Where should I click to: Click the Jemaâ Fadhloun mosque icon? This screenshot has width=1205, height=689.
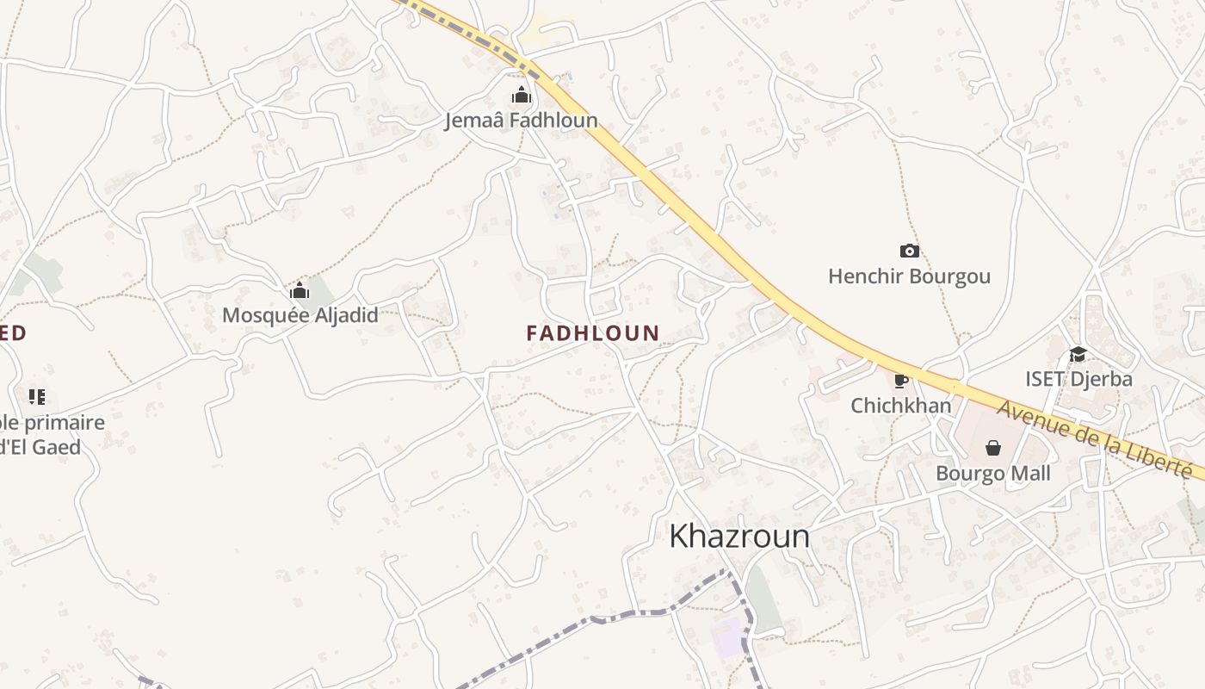click(x=522, y=95)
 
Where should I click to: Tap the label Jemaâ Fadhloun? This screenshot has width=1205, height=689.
click(x=521, y=120)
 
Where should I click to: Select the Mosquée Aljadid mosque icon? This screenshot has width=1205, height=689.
click(x=300, y=290)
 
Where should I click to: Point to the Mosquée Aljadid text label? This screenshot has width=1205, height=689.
click(x=300, y=315)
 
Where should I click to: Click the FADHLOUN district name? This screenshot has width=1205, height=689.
click(x=593, y=332)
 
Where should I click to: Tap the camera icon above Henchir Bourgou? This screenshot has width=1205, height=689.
click(x=909, y=251)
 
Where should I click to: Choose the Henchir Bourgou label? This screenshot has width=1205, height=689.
click(x=909, y=276)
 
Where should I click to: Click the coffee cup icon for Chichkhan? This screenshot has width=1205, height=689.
click(x=900, y=381)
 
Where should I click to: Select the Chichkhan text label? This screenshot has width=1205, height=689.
click(x=901, y=406)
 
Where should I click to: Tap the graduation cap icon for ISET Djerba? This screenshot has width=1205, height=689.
click(x=1078, y=354)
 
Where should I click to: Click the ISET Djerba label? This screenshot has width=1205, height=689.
click(x=1078, y=379)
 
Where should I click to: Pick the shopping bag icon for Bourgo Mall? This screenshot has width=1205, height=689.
click(x=993, y=448)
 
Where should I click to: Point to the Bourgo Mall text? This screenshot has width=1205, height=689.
click(x=993, y=474)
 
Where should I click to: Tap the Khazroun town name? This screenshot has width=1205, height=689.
click(x=739, y=537)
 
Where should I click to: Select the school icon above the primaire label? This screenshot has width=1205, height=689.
click(x=36, y=397)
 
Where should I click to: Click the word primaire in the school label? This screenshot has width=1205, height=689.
click(x=64, y=423)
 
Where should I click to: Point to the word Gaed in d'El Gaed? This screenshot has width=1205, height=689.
click(x=58, y=447)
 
